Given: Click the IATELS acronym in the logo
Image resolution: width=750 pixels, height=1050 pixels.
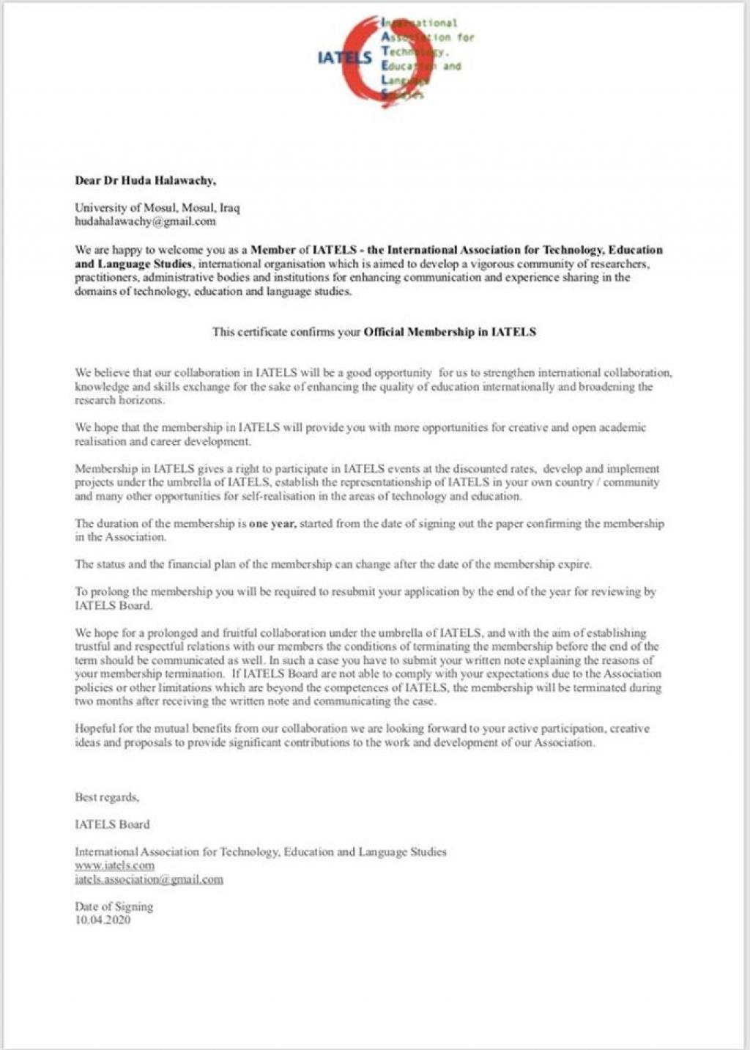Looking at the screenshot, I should pos(344,57).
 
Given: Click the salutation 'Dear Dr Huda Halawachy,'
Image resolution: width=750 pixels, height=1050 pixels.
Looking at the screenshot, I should pos(145,180).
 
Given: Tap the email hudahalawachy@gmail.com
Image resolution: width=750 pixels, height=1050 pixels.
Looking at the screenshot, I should pos(145,221).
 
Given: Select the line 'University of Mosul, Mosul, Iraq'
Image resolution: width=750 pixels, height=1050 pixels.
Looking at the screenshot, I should pos(157,208).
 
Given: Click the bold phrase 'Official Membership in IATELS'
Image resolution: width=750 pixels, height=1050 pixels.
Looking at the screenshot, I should pos(450,332).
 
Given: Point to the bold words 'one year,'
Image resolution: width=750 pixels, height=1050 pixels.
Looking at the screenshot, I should pos(272,524).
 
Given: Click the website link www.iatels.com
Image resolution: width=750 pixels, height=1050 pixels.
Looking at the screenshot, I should pos(114,865).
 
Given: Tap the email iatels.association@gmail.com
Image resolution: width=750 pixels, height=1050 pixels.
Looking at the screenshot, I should pos(149,879).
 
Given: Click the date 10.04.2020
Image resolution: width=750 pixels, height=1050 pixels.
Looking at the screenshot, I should pos(103,920).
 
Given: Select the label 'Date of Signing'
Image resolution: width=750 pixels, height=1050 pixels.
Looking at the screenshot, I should pos(114,906).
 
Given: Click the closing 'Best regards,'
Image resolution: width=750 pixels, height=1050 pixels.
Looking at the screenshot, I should pos(107,797).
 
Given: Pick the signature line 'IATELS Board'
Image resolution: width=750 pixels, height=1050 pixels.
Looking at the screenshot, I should pos(112,824).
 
